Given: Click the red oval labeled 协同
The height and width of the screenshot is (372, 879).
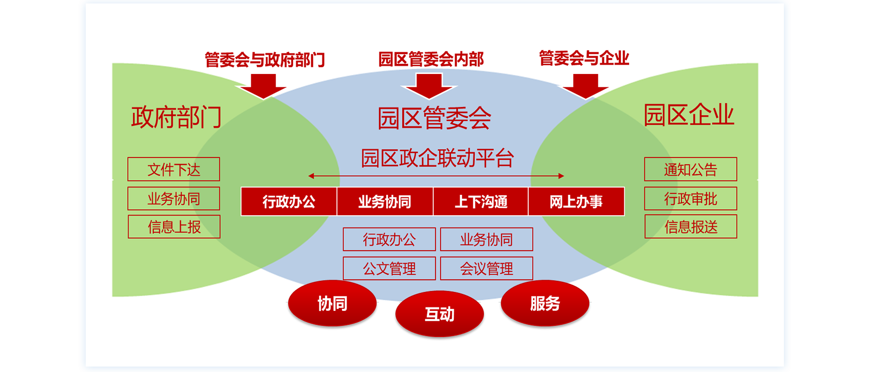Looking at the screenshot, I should (x=332, y=303).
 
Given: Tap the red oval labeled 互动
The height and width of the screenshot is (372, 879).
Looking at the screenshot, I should (x=439, y=314).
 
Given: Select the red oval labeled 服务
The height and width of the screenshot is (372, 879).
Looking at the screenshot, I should (x=544, y=303).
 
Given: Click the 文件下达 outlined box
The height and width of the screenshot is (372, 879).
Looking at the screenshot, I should (x=173, y=170).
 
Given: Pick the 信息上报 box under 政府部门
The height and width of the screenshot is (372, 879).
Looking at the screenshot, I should (x=174, y=227).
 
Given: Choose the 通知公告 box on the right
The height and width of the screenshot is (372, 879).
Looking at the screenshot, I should (x=690, y=170).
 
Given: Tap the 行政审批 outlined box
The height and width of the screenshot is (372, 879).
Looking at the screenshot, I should (x=690, y=199).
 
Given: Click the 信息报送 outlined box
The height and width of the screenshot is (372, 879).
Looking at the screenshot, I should (x=690, y=227).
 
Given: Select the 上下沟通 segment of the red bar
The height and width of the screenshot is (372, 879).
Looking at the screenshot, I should (x=480, y=201).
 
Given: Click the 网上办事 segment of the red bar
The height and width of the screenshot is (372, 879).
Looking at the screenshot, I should (x=576, y=201).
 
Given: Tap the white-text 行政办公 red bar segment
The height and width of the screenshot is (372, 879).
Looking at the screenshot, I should (x=289, y=201).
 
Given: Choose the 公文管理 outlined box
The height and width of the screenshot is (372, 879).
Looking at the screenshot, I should (x=389, y=268).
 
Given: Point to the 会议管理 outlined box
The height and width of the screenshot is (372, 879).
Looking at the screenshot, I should (x=486, y=268).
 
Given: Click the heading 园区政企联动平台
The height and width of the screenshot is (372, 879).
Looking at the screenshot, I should (x=437, y=158).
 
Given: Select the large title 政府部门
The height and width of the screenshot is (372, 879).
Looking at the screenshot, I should (x=176, y=117).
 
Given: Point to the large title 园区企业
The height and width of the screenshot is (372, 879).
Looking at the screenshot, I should (x=689, y=115).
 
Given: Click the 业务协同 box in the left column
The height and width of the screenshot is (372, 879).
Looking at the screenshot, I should (x=173, y=199).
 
